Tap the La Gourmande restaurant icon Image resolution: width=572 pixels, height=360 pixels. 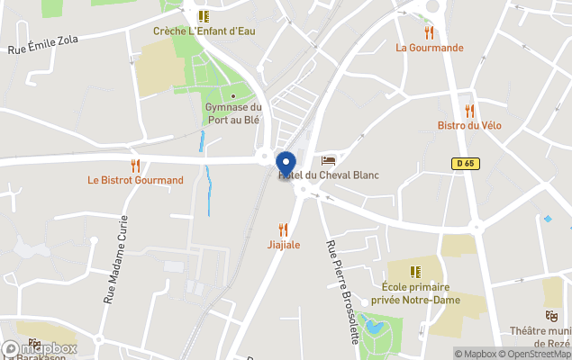(429, 31)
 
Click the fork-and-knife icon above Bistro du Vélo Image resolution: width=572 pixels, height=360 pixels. (469, 110)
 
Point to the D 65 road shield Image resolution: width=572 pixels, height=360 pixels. (464, 163)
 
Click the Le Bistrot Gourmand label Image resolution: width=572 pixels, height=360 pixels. (135, 180)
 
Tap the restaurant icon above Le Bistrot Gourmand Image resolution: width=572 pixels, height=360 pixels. (135, 165)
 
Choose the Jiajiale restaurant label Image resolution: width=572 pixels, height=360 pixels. (284, 245)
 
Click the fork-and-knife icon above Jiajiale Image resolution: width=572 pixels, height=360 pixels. (284, 229)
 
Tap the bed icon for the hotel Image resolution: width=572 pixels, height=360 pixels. (328, 160)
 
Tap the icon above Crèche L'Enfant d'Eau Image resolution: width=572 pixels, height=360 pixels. (204, 15)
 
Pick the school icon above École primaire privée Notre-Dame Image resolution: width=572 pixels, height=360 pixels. (415, 271)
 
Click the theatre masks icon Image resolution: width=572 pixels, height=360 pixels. (550, 316)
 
